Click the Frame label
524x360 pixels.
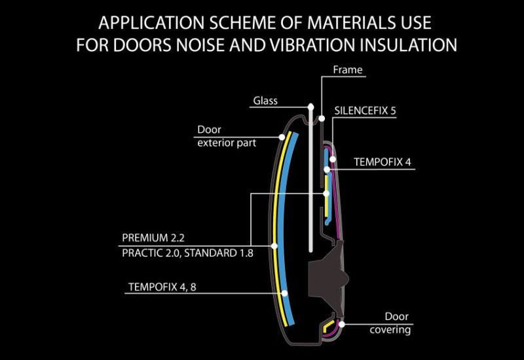[x=348, y=70]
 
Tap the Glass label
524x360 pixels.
[x=265, y=101]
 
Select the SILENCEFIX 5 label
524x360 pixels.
[x=365, y=111]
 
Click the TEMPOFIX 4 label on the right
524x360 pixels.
[x=383, y=162]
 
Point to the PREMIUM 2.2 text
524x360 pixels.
[x=153, y=238]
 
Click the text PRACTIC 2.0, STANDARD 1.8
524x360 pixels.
[x=187, y=253]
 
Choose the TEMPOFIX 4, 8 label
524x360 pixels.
[x=162, y=287]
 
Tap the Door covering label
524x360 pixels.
[x=390, y=323]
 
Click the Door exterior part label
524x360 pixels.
[x=227, y=136]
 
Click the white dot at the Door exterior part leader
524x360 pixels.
[x=282, y=137]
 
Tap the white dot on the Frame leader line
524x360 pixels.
[x=322, y=118]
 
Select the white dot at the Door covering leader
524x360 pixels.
[x=341, y=324]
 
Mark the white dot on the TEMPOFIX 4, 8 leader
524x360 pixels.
[x=284, y=293]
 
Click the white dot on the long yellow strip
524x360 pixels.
[x=274, y=246]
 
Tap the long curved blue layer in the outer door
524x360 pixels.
[x=282, y=227]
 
